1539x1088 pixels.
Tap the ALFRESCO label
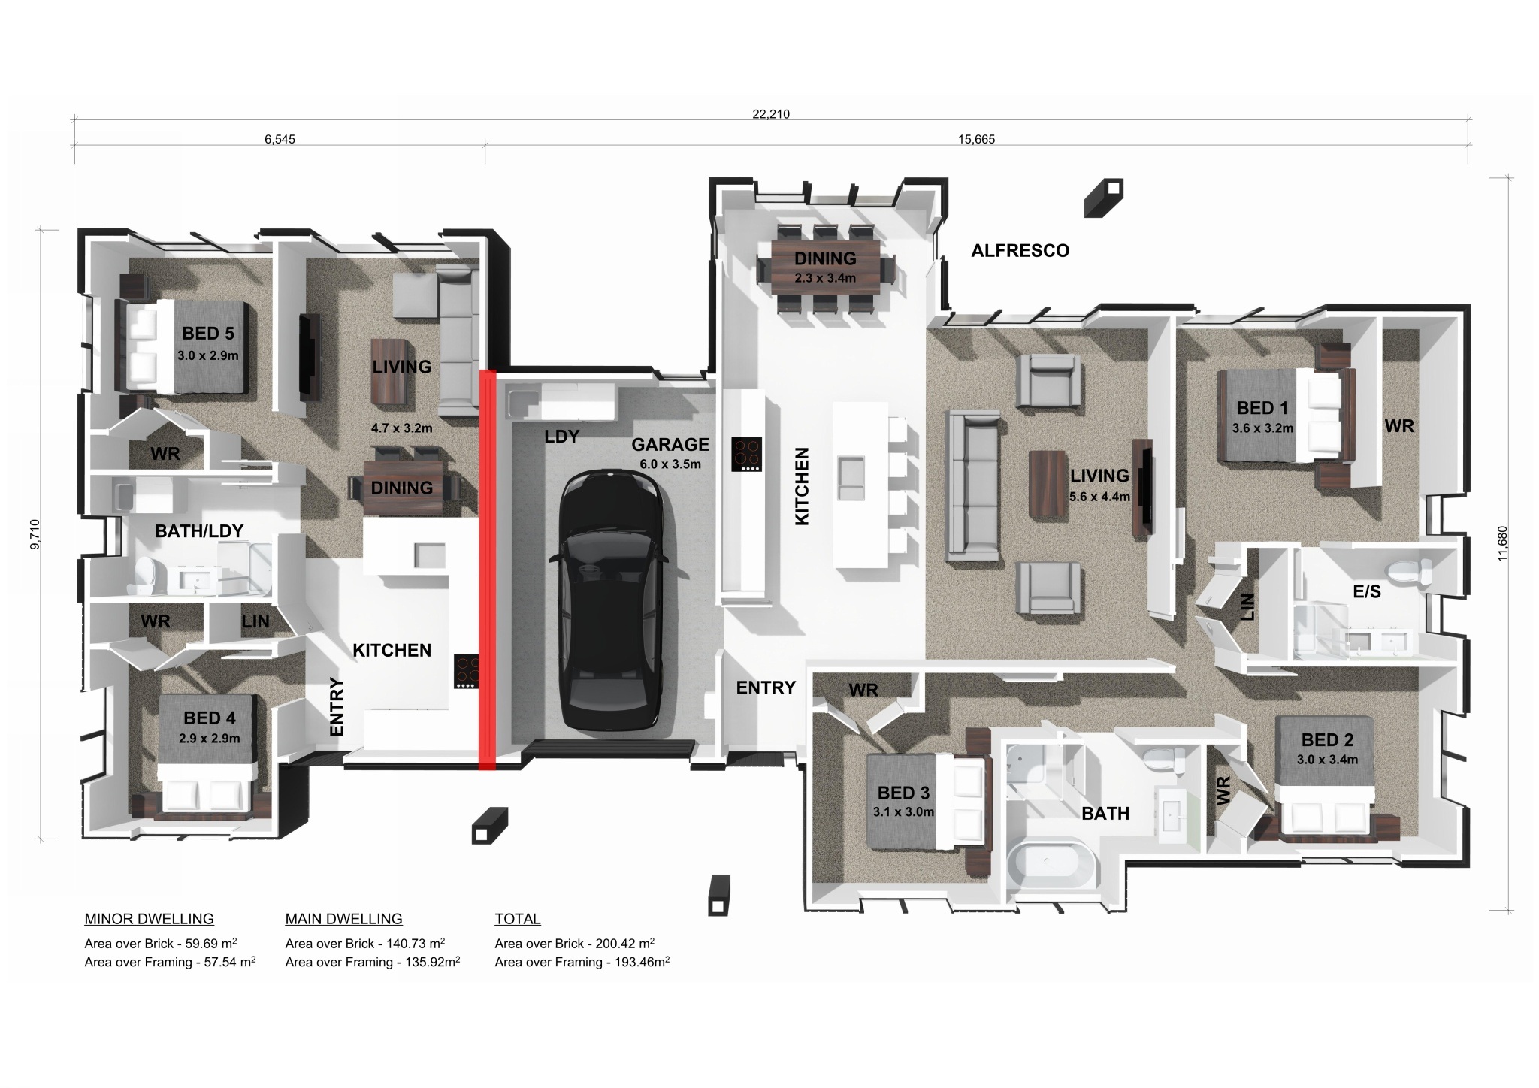[1020, 251]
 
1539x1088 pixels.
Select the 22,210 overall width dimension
[771, 114]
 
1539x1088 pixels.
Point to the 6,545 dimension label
[280, 139]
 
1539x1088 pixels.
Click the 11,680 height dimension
[1502, 542]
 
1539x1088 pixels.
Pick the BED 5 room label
[208, 333]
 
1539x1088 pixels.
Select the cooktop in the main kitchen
[747, 454]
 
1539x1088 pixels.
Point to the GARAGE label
[670, 445]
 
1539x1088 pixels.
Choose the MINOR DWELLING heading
[149, 919]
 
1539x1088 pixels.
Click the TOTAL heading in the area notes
[518, 919]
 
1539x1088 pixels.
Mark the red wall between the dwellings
[488, 570]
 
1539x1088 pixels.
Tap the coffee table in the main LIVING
[1048, 485]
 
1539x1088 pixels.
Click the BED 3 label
[903, 793]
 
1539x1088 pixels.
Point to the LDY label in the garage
[561, 437]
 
